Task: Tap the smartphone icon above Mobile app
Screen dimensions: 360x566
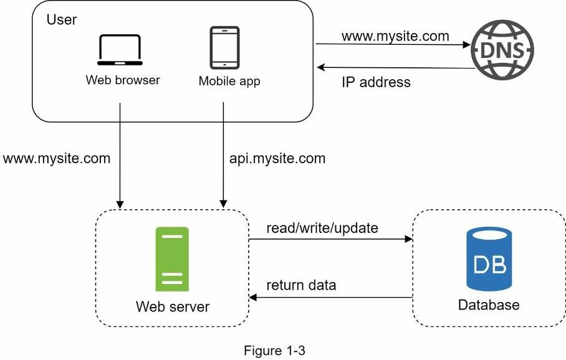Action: pos(224,47)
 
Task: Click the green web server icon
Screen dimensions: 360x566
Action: pos(173,259)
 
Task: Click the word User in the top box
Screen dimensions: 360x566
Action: pos(62,19)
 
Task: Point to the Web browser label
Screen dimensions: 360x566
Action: pos(123,80)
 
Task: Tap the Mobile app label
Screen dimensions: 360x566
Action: pos(229,81)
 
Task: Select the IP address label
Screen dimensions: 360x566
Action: pos(376,82)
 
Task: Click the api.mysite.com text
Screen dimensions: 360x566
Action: pos(277,158)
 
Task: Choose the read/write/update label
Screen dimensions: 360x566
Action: pos(322,228)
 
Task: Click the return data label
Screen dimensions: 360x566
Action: pos(301,285)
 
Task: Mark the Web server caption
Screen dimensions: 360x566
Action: pos(173,307)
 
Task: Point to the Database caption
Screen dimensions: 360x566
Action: pos(489,305)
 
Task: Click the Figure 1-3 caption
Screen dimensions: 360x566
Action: pos(274,351)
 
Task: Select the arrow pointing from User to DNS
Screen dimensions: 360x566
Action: pos(393,45)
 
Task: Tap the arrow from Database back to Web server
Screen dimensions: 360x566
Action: pos(331,298)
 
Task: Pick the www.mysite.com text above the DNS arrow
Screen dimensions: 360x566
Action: pos(395,36)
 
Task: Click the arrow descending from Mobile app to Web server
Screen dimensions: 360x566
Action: pos(223,156)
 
